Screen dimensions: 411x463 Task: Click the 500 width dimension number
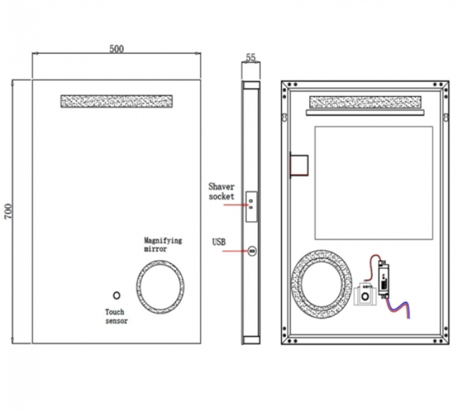tap(117, 49)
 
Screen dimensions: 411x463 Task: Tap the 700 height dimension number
tap(8, 212)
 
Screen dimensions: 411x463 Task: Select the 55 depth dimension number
tap(251, 58)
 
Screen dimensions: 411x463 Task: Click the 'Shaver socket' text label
tap(221, 191)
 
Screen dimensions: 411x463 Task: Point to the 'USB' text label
tap(219, 241)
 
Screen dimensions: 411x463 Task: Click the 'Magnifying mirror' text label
tap(163, 244)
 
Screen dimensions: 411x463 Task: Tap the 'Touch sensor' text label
tap(116, 316)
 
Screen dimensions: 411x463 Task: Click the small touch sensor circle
tap(116, 296)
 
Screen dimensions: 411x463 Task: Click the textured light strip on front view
tap(116, 101)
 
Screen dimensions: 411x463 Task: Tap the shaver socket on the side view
tap(251, 200)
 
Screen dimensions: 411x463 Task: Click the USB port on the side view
tap(251, 252)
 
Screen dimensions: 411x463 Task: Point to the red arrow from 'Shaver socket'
tap(237, 200)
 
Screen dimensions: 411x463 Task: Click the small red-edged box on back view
tap(299, 165)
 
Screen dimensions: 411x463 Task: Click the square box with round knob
tap(366, 296)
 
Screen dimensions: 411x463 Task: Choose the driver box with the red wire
tap(386, 279)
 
